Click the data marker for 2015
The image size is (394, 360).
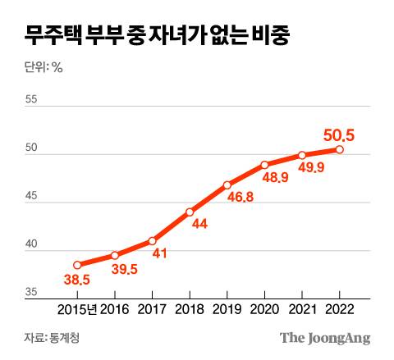tap(77, 265)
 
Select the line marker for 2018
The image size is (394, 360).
tap(190, 212)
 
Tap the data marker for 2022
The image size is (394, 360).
tap(340, 149)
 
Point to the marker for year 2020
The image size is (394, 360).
tap(264, 165)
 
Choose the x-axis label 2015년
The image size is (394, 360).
tap(76, 310)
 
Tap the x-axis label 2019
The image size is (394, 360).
tap(227, 310)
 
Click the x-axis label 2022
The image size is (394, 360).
tap(340, 310)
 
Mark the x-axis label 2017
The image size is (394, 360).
tap(152, 310)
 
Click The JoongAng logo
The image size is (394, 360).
tap(325, 337)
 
